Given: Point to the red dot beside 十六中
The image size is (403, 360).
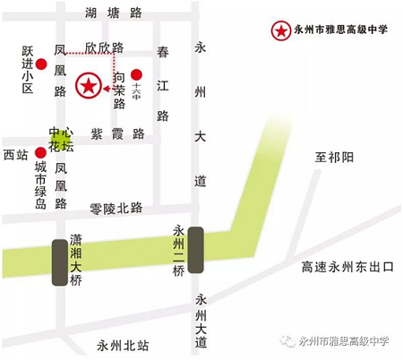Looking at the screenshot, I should pos(136,75).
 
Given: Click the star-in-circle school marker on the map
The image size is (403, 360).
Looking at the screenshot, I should pos(88,87).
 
